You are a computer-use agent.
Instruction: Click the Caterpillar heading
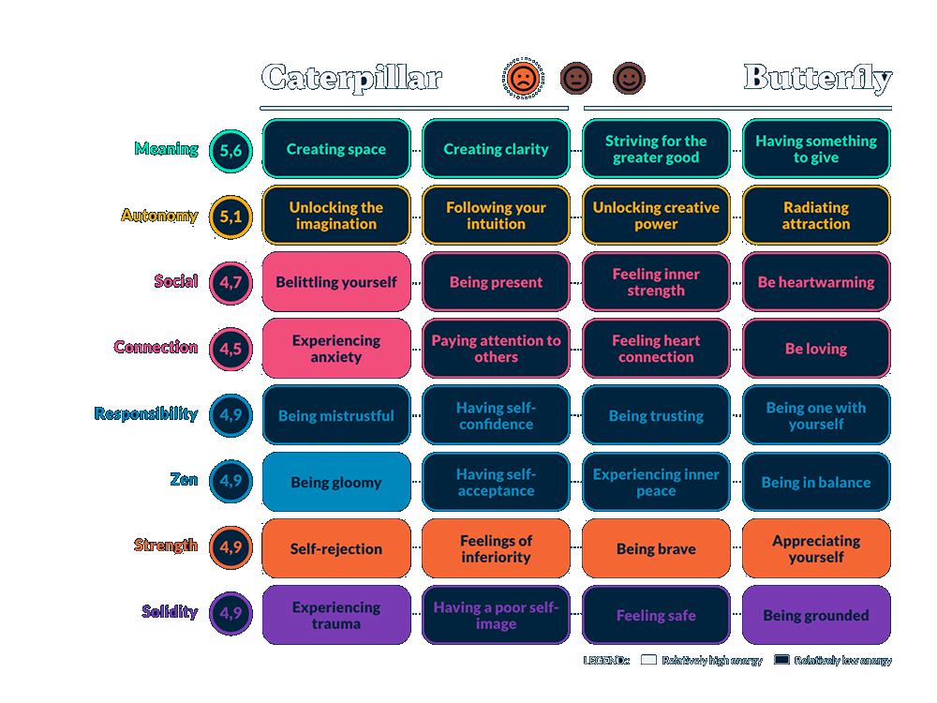[x=351, y=77]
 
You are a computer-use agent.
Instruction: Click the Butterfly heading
[x=817, y=78]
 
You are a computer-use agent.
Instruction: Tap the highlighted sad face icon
[x=523, y=79]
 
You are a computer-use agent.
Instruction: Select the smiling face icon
[x=629, y=79]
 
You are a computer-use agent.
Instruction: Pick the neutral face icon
[x=576, y=79]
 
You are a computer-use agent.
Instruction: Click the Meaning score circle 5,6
[x=231, y=149]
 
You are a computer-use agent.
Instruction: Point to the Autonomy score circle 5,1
[x=231, y=216]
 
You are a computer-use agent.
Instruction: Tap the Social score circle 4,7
[x=231, y=282]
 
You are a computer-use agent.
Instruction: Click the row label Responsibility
[x=146, y=413]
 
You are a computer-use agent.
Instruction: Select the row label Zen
[x=184, y=480]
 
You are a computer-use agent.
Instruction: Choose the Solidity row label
[x=170, y=612]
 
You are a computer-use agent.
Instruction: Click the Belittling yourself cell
[x=336, y=282]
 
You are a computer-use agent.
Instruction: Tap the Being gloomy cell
[x=336, y=483]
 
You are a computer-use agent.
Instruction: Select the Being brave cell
[x=656, y=549]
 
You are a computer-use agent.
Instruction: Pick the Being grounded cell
[x=816, y=616]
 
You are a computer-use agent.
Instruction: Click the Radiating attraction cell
[x=816, y=216]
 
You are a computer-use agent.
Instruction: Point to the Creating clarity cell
[x=496, y=149]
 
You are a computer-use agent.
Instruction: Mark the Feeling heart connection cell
[x=656, y=349]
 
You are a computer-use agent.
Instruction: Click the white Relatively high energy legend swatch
[x=648, y=660]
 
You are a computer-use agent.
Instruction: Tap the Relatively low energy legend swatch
[x=781, y=660]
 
